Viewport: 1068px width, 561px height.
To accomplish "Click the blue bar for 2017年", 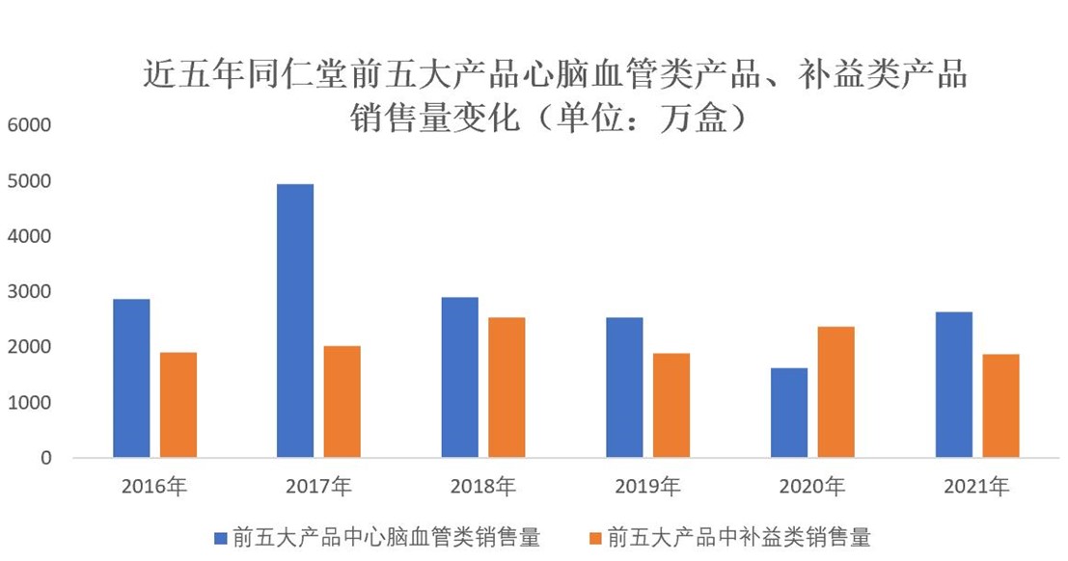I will coord(295,320).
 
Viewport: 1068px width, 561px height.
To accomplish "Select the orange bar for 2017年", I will coord(342,401).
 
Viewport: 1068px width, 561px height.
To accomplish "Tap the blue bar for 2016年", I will coord(131,378).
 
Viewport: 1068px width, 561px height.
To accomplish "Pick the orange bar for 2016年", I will coord(178,404).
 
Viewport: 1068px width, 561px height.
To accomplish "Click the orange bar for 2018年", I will coord(507,387).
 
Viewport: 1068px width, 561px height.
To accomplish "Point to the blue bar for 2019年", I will coord(624,387).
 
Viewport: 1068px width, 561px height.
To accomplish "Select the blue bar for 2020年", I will coord(789,413).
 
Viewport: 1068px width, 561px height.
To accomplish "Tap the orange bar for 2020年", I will coord(835,391).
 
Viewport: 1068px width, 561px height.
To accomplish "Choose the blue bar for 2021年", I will coord(953,384).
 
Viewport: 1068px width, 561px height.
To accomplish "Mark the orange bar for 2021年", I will coord(1000,405).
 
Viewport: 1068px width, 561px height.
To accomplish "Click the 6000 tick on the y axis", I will coord(33,125).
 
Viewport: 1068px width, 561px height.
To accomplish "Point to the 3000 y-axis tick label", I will coord(33,292).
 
